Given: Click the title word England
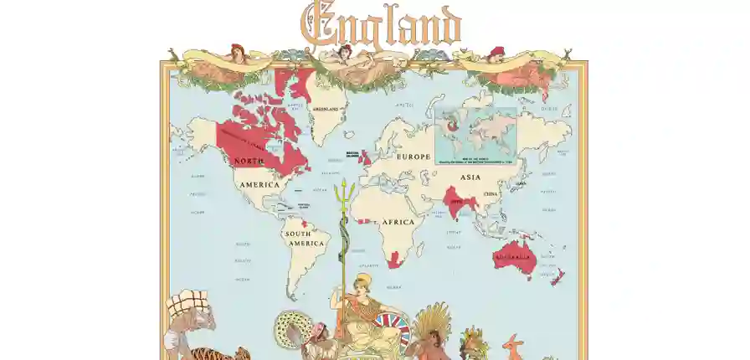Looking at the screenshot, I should [381, 25].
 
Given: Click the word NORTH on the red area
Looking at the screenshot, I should [249, 160].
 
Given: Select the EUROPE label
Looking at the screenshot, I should [414, 157].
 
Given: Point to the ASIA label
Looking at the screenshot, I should [470, 177].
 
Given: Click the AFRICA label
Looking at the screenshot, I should [398, 223].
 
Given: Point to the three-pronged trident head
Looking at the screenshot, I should [342, 189].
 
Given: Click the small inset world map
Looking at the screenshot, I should [475, 134].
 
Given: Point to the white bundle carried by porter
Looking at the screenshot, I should [190, 303].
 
